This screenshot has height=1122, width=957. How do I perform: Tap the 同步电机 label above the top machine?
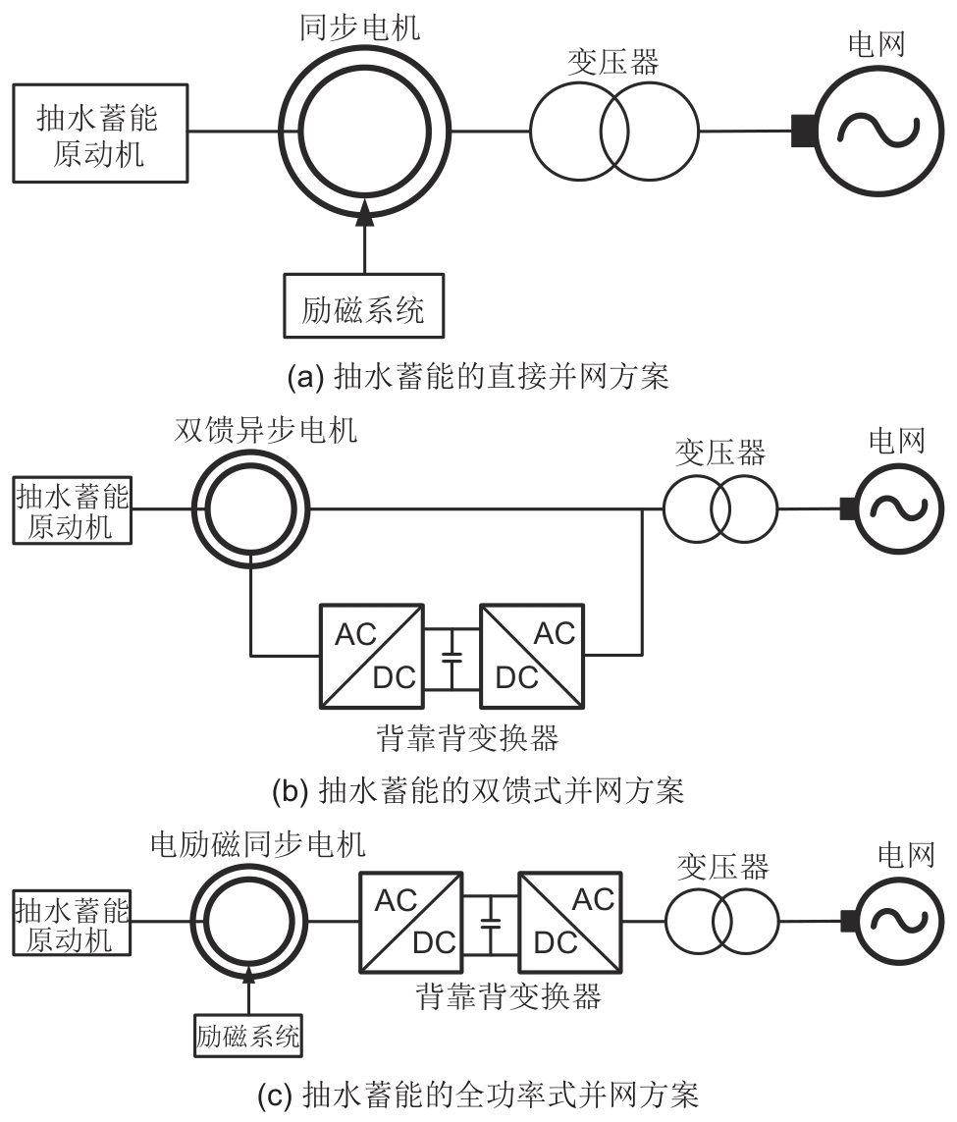click(359, 26)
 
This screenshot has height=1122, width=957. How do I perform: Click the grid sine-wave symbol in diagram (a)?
click(876, 132)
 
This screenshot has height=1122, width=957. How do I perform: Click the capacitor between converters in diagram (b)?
click(452, 655)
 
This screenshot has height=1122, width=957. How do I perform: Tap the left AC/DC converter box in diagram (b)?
click(371, 655)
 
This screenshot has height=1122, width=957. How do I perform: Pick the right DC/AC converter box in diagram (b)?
click(532, 655)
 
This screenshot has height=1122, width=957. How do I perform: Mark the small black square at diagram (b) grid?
click(845, 508)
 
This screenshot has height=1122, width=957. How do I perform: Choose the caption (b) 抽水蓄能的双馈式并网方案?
click(477, 790)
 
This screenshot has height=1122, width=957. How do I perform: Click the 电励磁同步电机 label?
click(258, 843)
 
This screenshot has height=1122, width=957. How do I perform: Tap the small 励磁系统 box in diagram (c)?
click(247, 1035)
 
